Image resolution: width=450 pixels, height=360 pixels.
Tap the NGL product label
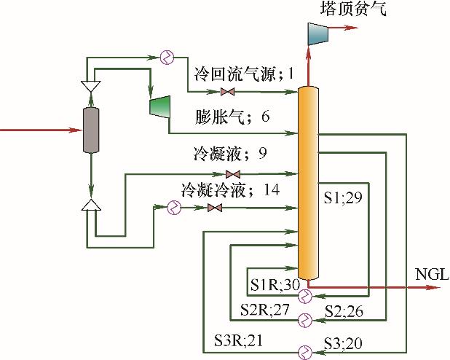[x=432, y=275]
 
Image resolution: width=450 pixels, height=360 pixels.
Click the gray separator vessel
[x=90, y=130]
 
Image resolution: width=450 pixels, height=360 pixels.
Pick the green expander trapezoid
[x=159, y=106]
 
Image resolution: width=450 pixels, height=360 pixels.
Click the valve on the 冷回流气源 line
[x=227, y=92]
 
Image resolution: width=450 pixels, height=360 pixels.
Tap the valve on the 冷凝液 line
[x=233, y=174]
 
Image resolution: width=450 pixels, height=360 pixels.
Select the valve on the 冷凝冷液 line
[x=214, y=208]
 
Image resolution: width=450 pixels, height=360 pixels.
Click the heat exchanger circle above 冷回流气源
[x=167, y=57]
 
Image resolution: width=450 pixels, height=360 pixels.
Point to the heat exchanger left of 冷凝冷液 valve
[x=175, y=208]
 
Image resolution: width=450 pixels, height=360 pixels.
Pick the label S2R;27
[x=265, y=310]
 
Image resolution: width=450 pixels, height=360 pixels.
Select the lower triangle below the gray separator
[x=90, y=206]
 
